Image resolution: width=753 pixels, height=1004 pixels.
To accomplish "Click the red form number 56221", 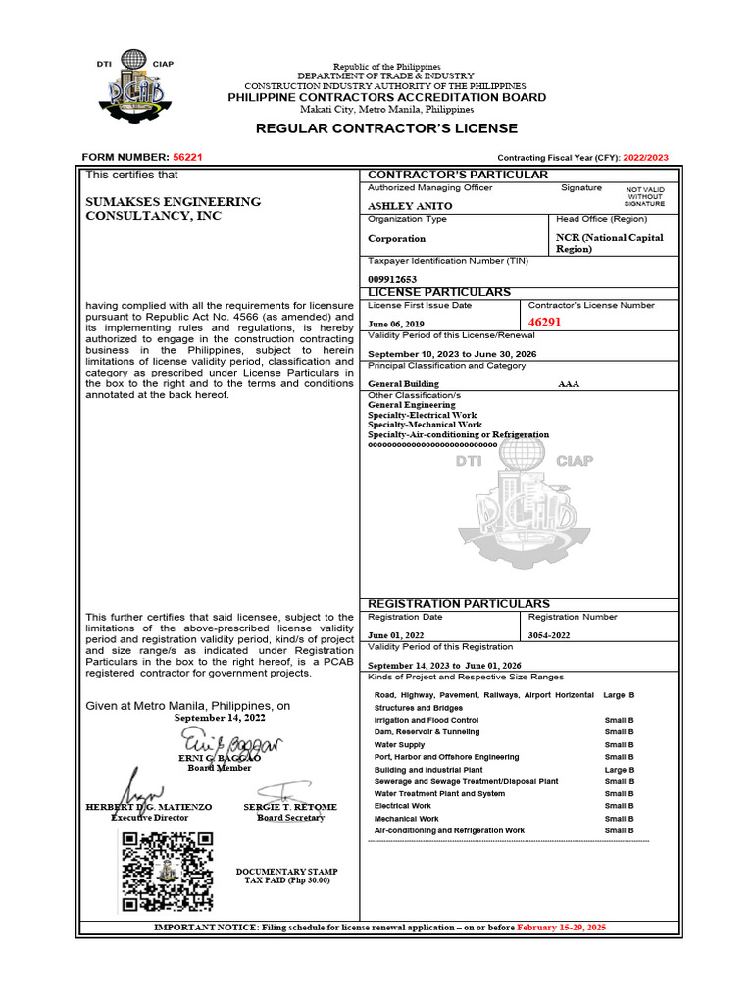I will tap(187, 158).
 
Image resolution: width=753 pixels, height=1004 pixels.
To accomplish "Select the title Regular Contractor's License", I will tap(386, 128).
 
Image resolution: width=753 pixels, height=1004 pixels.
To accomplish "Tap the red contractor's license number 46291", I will tap(544, 323).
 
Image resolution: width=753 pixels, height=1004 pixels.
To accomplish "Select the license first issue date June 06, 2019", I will tap(396, 324).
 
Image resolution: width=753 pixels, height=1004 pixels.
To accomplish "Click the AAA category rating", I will tap(569, 385).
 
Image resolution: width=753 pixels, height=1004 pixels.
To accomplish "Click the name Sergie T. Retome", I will tap(290, 807).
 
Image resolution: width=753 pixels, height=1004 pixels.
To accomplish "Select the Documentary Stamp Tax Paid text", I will tap(287, 877).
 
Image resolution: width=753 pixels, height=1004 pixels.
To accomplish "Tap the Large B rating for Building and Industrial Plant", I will tap(619, 770).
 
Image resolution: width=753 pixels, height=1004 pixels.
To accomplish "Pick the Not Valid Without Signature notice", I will tap(644, 196).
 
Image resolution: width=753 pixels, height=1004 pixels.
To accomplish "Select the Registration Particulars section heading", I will tap(458, 603).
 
